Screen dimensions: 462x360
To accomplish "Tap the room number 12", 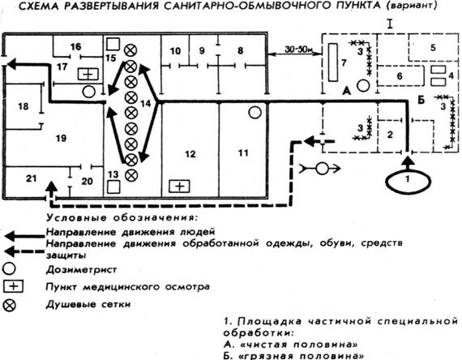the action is click(x=190, y=154).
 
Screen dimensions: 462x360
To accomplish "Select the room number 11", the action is click(x=243, y=152).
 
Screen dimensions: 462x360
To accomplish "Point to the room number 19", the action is click(x=61, y=138).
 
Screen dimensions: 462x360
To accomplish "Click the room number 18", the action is click(x=24, y=106).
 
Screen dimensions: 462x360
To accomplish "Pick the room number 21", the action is click(x=32, y=178).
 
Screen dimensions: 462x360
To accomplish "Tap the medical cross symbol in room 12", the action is click(x=179, y=186).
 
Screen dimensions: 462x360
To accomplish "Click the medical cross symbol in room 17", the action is click(x=88, y=74).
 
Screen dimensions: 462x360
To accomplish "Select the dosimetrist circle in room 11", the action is click(x=255, y=113).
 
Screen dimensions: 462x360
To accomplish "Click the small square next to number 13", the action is click(x=113, y=187).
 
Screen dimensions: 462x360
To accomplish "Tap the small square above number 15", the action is click(x=113, y=44).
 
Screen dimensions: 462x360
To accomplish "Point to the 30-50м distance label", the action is click(x=298, y=49).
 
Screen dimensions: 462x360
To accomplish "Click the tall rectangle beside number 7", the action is click(x=333, y=62).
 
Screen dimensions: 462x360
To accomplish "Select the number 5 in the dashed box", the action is click(x=433, y=48).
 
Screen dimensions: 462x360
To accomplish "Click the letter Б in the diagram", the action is click(x=421, y=101).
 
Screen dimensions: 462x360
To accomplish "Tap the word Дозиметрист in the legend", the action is click(x=81, y=269).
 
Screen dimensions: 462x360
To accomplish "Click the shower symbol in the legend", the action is click(x=10, y=305).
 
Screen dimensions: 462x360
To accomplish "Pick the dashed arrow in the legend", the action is click(x=25, y=251).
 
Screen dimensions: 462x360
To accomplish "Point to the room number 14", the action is click(x=146, y=103).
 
